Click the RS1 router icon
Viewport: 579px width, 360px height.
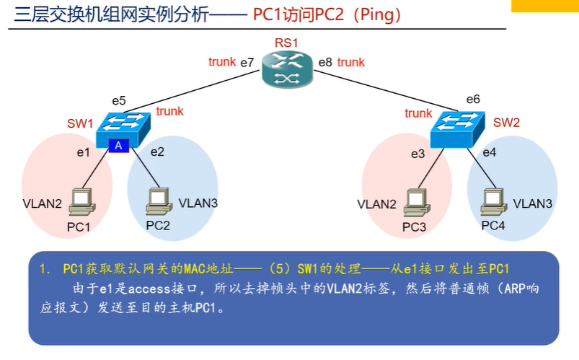coord(287,69)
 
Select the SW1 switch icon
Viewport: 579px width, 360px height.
coord(123,130)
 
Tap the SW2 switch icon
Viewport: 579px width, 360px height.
coord(458,129)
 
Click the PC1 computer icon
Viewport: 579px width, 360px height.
coord(82,202)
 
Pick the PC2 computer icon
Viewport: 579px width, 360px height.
coord(159,201)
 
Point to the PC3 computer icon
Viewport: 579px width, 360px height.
coord(417,203)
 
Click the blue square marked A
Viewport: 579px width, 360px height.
coord(118,146)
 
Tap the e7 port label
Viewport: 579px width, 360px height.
coord(247,63)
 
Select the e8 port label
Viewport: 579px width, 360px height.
coord(325,62)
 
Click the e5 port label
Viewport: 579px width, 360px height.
coord(119,100)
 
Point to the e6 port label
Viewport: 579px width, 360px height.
coord(473,99)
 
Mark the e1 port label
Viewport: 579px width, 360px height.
coord(84,152)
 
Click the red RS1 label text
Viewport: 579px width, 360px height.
coord(286,43)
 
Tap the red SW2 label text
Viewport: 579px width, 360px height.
coord(506,123)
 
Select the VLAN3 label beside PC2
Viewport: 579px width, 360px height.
coord(198,203)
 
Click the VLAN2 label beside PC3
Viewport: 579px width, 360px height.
coord(376,204)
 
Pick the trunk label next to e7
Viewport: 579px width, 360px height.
coord(222,62)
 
